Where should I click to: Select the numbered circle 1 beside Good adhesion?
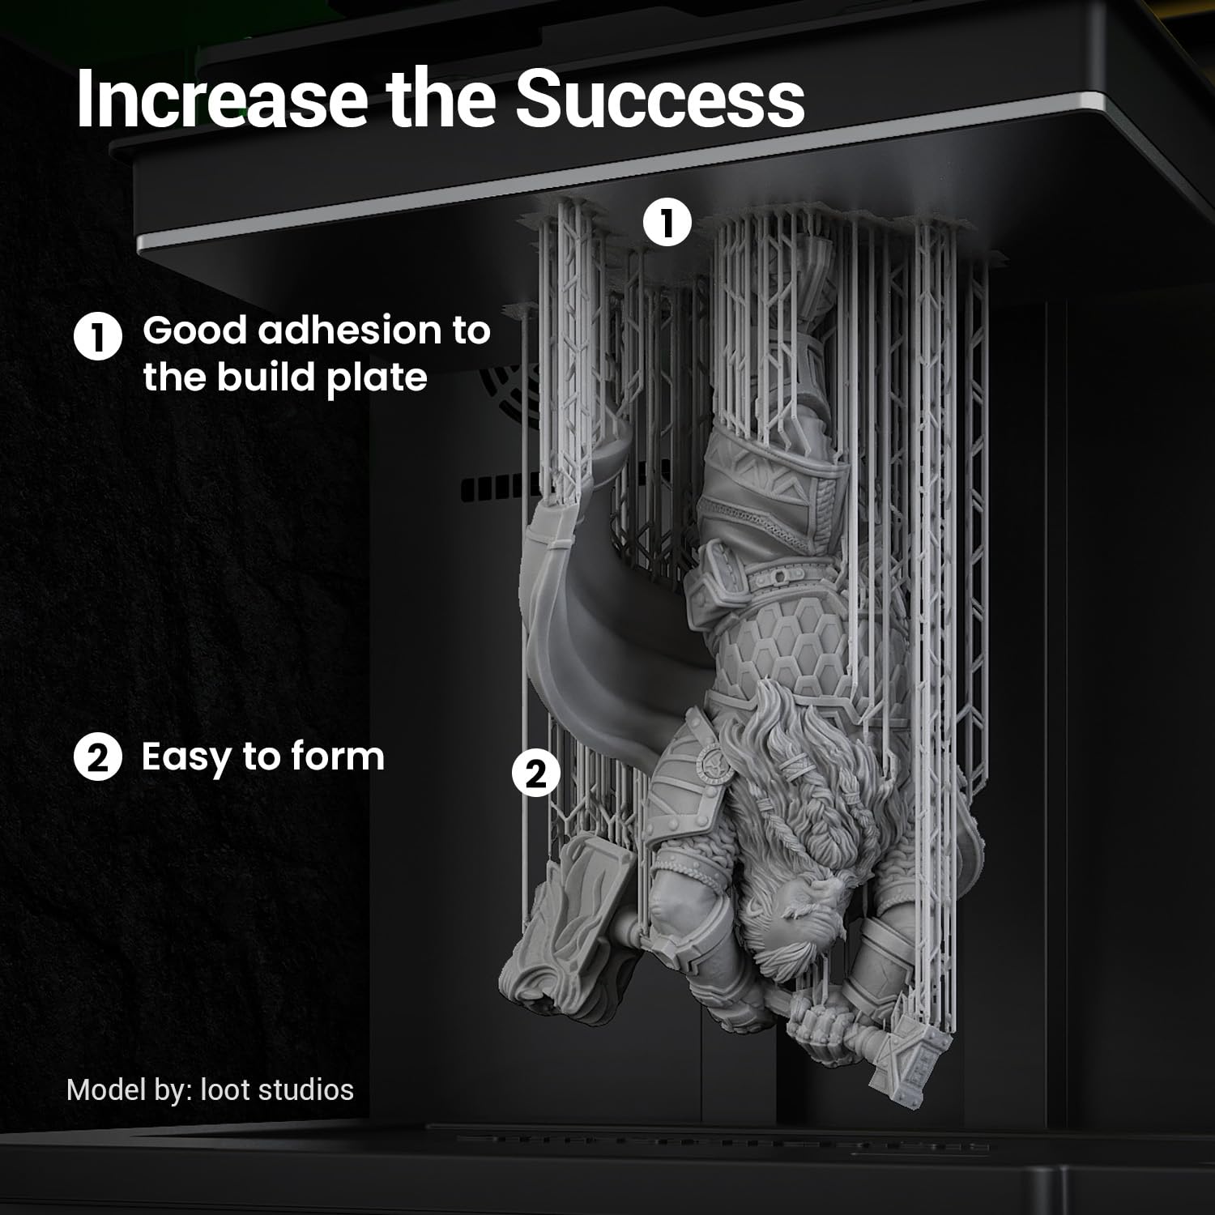(98, 339)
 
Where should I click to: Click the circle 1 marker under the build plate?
(667, 224)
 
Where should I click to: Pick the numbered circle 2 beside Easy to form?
(98, 759)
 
